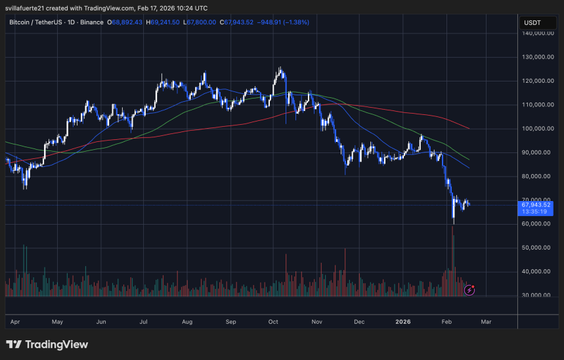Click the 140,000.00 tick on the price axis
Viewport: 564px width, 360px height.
[536, 34]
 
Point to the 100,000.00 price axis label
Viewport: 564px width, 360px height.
[536, 129]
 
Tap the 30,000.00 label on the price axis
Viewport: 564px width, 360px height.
[536, 295]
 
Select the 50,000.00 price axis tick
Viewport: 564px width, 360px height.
[536, 248]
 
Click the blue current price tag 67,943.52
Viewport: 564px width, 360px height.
[536, 205]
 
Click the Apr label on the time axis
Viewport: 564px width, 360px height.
[14, 322]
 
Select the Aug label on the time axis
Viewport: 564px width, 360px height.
[187, 322]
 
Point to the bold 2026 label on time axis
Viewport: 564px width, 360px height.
[403, 322]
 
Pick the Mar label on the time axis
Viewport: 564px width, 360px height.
[486, 322]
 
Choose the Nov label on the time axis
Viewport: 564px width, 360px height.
[317, 322]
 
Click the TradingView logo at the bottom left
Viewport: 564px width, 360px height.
[47, 345]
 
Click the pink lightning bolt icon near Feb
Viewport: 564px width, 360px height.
[470, 289]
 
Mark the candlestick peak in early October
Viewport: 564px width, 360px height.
[280, 68]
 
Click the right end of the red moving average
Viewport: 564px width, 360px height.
[469, 129]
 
